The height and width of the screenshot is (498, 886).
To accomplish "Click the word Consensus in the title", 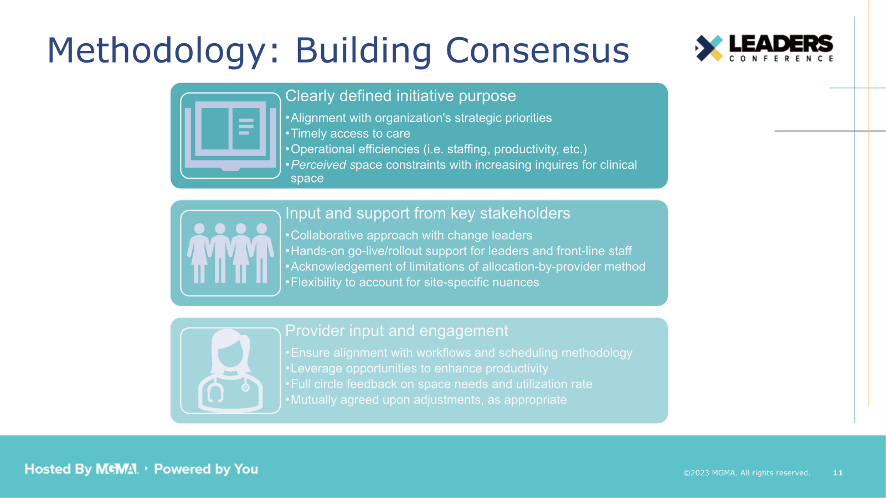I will coord(537,50).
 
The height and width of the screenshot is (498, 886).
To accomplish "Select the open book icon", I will coord(230,136).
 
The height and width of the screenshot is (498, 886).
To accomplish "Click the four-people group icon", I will coord(230,253).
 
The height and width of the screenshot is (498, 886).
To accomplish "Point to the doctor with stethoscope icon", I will coord(230,370).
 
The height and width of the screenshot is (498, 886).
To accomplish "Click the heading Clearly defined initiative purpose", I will coord(400,96).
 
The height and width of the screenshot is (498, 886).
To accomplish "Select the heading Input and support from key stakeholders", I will coord(427,214).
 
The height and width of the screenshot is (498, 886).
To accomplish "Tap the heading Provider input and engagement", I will coord(396,331).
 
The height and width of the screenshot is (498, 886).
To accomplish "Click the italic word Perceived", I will coord(318,165).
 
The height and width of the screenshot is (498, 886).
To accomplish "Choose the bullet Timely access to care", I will coord(350,134).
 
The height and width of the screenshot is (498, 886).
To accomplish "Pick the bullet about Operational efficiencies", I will coord(439,149).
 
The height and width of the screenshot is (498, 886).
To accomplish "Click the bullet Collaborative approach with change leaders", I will coord(411,236).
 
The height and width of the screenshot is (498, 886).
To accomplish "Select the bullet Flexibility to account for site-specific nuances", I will coord(414,283).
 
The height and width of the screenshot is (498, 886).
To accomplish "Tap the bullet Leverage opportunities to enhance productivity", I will coord(419,369).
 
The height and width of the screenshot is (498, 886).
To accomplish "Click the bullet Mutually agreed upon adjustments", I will coord(428,400).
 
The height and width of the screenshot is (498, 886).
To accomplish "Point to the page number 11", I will coord(837,473).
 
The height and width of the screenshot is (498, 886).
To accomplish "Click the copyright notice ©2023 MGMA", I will coord(746,473).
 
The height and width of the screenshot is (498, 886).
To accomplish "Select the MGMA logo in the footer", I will coord(117,469).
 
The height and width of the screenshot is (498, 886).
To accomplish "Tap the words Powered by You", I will coord(206,469).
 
